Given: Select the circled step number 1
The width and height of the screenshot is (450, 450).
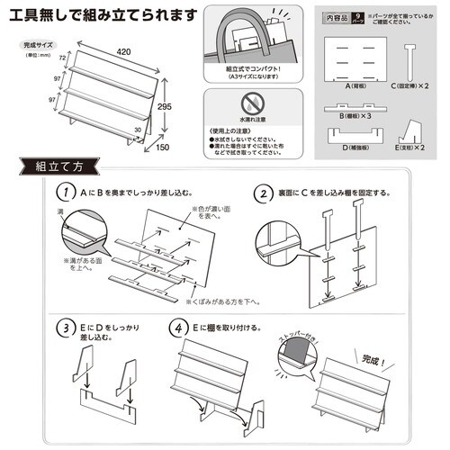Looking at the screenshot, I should coord(65,193).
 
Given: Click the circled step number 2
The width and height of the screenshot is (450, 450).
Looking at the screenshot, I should coord(263,193).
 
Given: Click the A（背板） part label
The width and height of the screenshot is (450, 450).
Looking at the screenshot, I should coord(356,85).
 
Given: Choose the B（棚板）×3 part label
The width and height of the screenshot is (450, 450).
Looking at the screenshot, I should coord(355,115).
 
